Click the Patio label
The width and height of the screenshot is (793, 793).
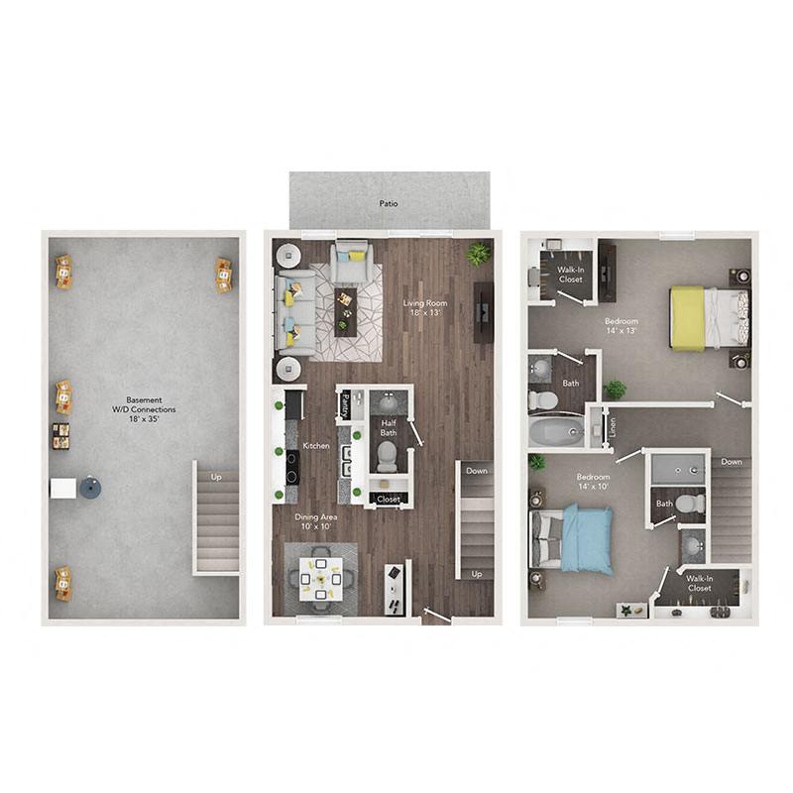click(x=389, y=203)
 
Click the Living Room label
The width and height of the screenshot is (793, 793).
click(x=423, y=303)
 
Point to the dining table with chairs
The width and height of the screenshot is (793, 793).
click(x=322, y=576)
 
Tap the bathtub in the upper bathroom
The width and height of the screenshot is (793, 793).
click(x=557, y=432)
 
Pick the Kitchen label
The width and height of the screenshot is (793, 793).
click(x=316, y=446)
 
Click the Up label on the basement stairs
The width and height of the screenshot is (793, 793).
click(x=217, y=477)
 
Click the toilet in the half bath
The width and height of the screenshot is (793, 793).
click(x=387, y=457)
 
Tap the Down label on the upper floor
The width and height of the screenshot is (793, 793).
click(x=732, y=461)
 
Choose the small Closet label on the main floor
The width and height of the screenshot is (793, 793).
click(x=389, y=499)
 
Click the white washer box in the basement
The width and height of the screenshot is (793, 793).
click(x=63, y=489)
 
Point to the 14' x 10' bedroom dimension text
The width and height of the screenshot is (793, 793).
click(x=593, y=489)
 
